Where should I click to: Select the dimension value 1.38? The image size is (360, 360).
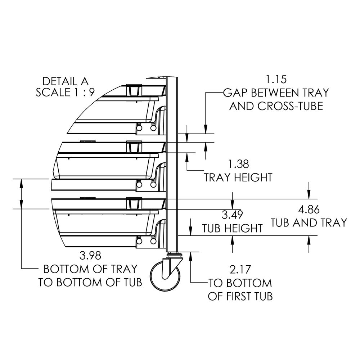pos(238,165)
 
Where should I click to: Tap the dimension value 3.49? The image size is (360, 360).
pos(232,215)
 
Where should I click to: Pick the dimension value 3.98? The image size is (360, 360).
pos(90,256)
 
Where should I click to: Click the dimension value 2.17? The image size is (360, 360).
pos(240,269)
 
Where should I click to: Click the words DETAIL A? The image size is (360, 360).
pos(65,81)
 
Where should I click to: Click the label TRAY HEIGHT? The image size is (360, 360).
pos(238,177)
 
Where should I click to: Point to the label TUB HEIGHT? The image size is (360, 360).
pos(232,228)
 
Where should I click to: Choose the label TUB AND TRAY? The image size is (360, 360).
pos(309,222)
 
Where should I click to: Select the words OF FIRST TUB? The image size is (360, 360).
pos(240,296)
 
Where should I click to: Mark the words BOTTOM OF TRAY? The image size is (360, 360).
pos(90,269)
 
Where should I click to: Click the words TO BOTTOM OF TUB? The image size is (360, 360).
pos(90,282)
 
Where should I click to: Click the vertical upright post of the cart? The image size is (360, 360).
pos(173,162)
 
